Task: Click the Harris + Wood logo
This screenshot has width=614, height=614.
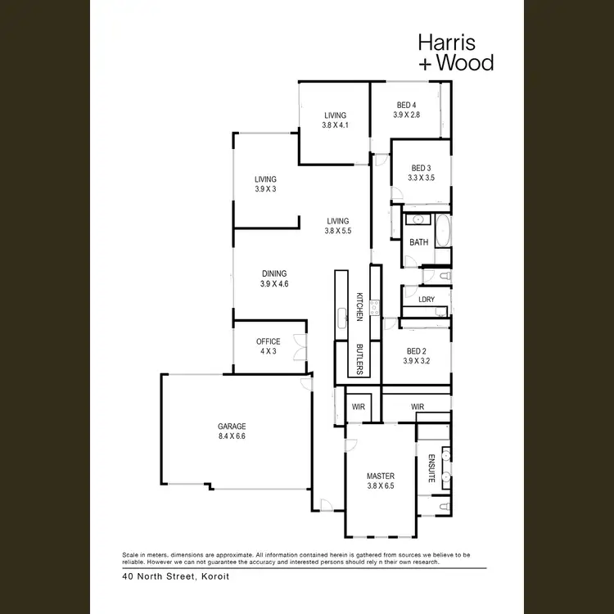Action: [x=455, y=52]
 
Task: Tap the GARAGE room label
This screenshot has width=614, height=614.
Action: [x=232, y=427]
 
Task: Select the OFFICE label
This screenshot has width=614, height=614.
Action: [x=268, y=342]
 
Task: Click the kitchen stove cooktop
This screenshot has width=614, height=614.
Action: [x=375, y=307]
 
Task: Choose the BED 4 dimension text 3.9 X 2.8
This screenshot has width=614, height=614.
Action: [x=406, y=115]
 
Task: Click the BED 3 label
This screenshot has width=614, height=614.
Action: [x=421, y=168]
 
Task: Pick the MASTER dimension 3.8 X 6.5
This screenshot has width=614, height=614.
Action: [x=381, y=485]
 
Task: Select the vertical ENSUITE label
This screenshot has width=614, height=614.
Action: [x=431, y=467]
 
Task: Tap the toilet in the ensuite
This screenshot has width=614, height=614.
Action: [x=442, y=508]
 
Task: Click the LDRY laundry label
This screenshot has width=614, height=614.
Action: [x=426, y=299]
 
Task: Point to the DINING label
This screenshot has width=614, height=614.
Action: [x=274, y=273]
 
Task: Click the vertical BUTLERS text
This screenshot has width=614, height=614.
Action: [x=359, y=359]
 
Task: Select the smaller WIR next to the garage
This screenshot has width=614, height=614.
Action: [x=358, y=406]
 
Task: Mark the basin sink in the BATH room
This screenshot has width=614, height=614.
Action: [x=418, y=219]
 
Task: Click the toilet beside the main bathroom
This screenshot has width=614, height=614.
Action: [x=432, y=278]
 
